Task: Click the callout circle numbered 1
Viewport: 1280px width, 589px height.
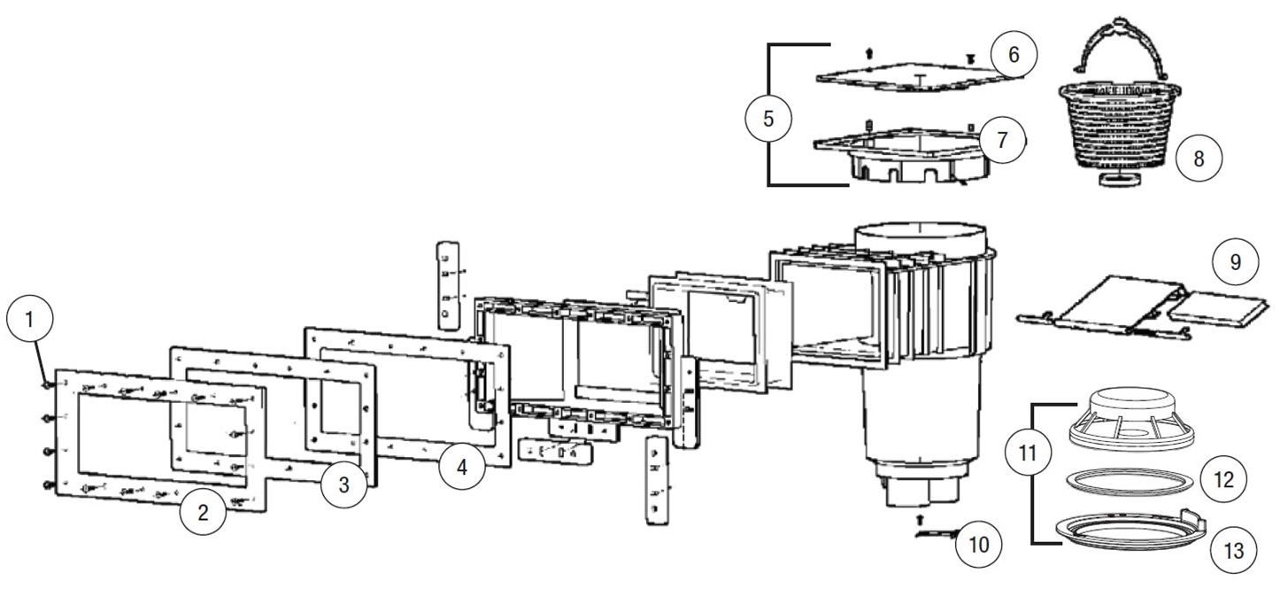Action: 30,319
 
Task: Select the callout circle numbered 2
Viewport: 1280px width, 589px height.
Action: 203,512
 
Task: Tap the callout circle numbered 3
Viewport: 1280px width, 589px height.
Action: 343,484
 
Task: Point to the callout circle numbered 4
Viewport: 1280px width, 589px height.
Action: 462,467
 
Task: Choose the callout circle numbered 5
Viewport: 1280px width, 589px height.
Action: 768,119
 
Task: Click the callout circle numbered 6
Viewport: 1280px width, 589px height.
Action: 1014,54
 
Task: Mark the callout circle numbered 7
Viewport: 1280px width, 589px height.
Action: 1002,140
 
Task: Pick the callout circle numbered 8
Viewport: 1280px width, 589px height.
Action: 1199,158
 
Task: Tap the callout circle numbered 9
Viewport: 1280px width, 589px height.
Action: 1236,262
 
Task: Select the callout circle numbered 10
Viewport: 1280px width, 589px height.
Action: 979,544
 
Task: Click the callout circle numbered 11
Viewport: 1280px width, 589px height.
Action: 1028,453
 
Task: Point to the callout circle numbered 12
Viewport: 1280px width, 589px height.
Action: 1223,479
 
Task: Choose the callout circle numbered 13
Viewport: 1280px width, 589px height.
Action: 1234,550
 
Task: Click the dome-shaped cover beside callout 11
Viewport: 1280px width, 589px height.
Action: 1131,419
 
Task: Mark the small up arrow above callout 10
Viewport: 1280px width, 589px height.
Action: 920,520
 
